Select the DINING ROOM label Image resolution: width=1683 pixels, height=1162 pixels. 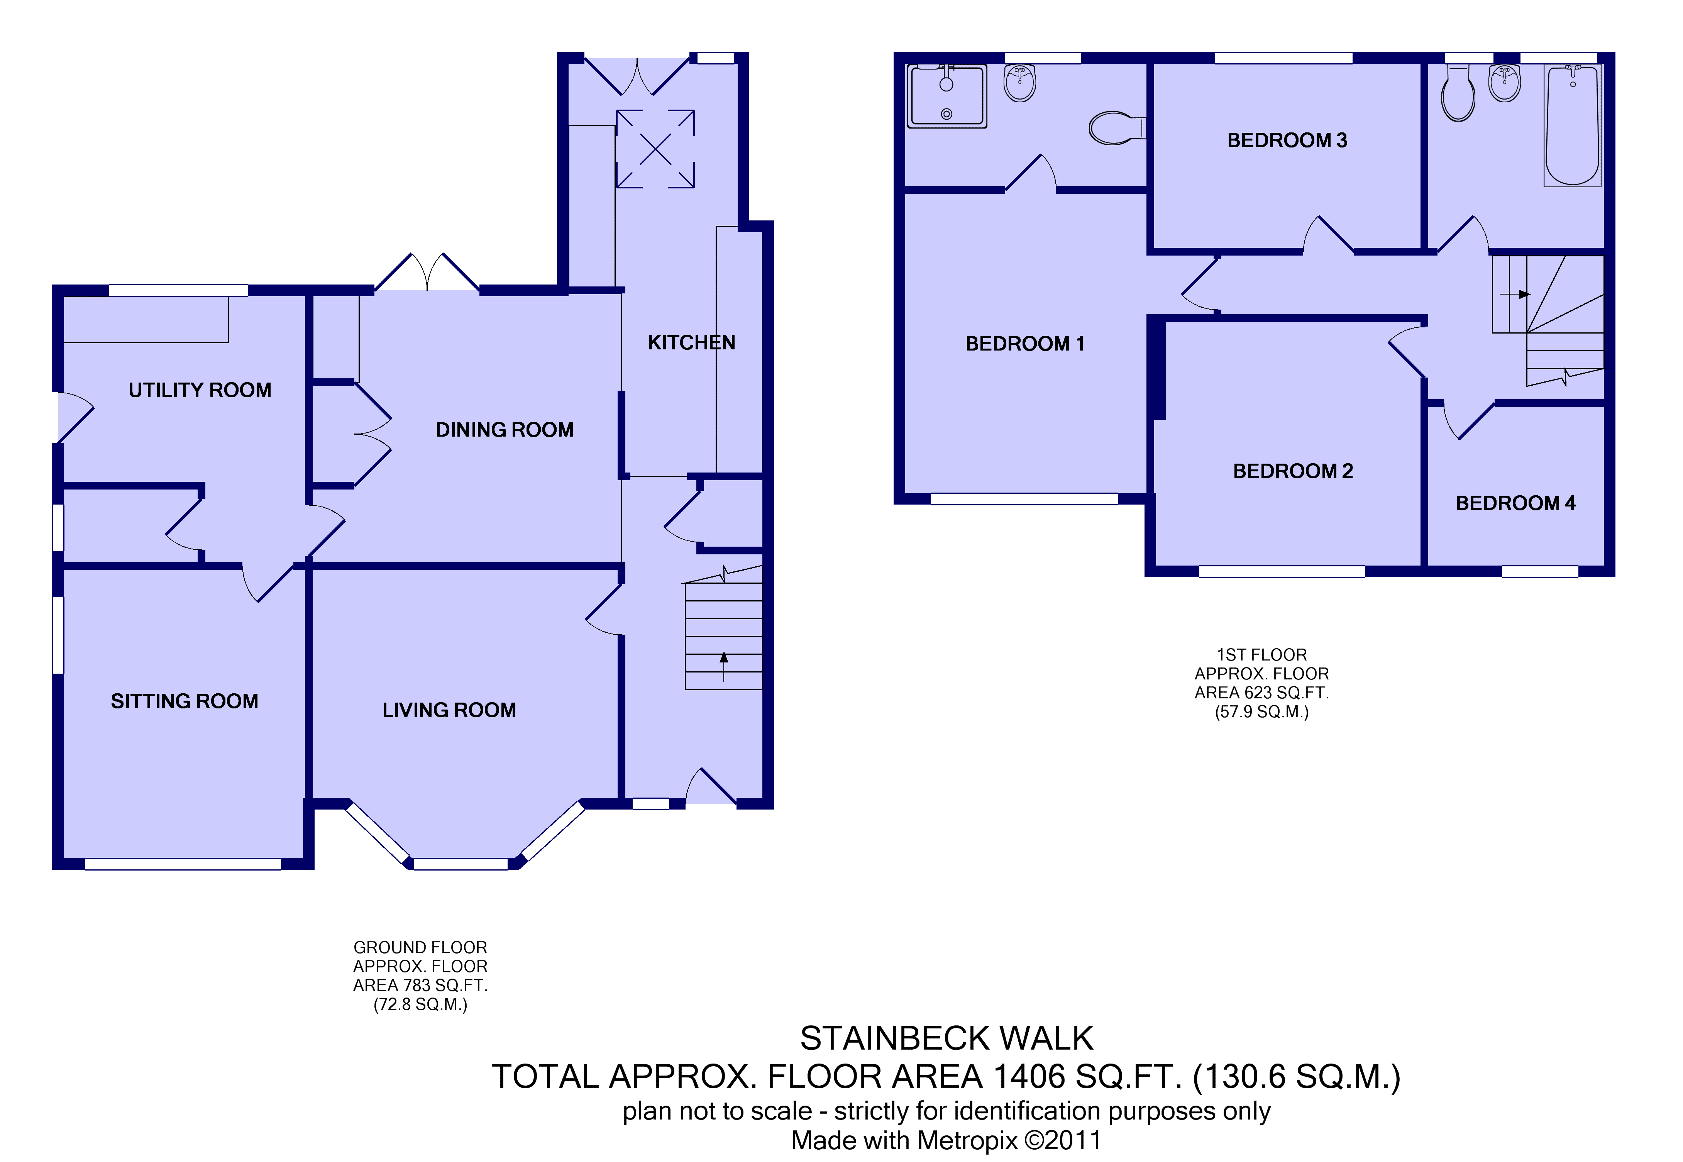pyautogui.click(x=505, y=430)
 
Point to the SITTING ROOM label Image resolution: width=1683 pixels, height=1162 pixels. pyautogui.click(x=184, y=701)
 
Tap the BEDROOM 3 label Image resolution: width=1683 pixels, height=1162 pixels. pyautogui.click(x=1287, y=141)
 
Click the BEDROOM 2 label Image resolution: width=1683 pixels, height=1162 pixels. pyautogui.click(x=1293, y=471)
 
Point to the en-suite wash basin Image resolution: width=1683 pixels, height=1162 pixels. pyautogui.click(x=1020, y=83)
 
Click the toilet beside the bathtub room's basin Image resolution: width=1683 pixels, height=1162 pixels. pyautogui.click(x=1458, y=93)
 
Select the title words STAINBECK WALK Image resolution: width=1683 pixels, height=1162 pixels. pyautogui.click(x=946, y=1038)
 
